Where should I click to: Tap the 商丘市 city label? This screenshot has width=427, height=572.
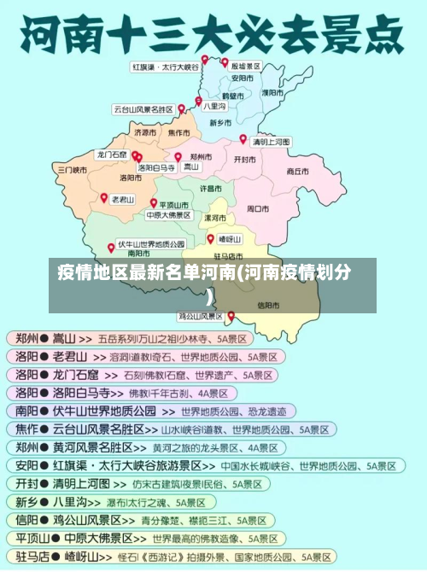point(297,171)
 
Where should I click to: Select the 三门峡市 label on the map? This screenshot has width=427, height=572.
point(73,170)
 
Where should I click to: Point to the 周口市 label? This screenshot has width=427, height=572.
point(258,207)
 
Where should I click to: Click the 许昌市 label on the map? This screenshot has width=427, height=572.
point(211,187)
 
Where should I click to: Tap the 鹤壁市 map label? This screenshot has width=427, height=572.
point(231,96)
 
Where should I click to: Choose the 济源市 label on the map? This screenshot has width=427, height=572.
point(145,133)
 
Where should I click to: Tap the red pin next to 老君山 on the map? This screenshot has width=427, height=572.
point(103,197)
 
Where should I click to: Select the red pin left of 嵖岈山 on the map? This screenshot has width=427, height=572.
point(210,238)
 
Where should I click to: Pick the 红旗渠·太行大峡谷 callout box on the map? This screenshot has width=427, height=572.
point(165,66)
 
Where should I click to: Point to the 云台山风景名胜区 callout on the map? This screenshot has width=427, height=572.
point(143,109)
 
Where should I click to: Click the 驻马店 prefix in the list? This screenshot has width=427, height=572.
point(27,556)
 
